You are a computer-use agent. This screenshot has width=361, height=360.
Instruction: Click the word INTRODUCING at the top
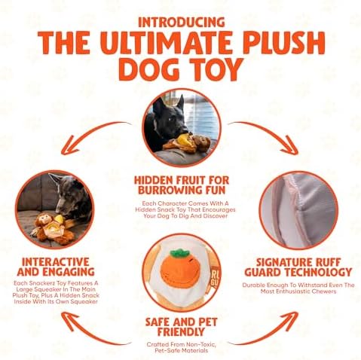click(182, 22)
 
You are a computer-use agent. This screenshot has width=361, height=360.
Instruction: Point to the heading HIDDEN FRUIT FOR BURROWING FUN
click(182, 185)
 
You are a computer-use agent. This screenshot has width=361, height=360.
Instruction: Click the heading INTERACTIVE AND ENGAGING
click(56, 267)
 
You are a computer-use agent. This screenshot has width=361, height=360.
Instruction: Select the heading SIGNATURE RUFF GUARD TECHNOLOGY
click(298, 267)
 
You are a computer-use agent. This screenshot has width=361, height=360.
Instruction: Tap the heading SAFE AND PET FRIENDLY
click(181, 327)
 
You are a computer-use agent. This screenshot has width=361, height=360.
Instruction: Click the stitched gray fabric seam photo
click(298, 210)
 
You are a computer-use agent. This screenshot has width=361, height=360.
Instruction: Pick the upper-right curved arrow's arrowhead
click(290, 146)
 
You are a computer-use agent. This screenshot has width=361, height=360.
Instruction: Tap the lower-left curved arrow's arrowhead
click(69, 320)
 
